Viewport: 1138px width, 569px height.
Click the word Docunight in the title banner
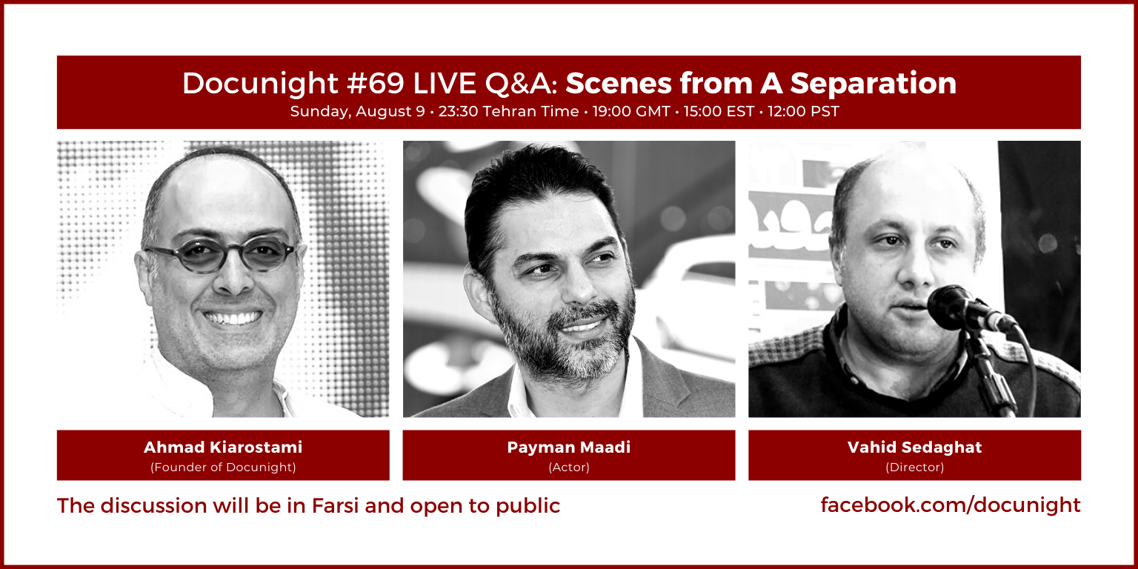[x=260, y=84]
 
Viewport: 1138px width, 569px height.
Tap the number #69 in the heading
[x=376, y=83]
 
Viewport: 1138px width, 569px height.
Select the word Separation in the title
[x=874, y=84]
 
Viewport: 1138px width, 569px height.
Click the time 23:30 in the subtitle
[x=459, y=111]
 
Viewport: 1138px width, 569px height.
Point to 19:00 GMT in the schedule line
[x=631, y=111]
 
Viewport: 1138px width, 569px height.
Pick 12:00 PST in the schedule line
[x=803, y=111]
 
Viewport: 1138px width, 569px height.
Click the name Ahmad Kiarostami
[x=223, y=447]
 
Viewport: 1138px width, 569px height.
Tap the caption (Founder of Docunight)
[x=223, y=467]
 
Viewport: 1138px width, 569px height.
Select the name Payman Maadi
[x=569, y=447]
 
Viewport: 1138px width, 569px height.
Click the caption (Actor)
[x=569, y=467]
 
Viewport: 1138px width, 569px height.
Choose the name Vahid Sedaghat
[x=914, y=447]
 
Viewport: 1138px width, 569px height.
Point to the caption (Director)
[x=914, y=467]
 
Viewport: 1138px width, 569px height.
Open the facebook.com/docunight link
[x=951, y=505]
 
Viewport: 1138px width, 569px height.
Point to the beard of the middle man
[x=559, y=340]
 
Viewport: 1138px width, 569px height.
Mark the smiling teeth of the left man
[x=233, y=318]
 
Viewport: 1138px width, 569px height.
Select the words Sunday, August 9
[x=357, y=112]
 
